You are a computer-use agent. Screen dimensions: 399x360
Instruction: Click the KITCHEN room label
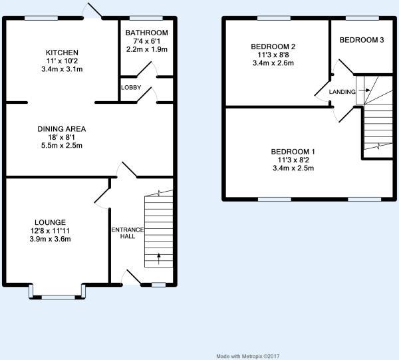[x=62, y=53]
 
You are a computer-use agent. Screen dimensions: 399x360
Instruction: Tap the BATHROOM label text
[x=146, y=33]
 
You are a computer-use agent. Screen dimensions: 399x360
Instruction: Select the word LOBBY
[x=131, y=88]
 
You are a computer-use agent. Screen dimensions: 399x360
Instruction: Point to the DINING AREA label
[x=62, y=129]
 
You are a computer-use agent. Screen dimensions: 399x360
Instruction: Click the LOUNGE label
[x=50, y=222]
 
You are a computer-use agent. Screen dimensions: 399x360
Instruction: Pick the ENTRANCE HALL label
[x=128, y=233]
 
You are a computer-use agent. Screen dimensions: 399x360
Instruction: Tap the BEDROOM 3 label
[x=362, y=40]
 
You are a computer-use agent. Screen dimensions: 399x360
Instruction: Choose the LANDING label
[x=342, y=92]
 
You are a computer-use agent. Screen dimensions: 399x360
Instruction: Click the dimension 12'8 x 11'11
[x=50, y=231]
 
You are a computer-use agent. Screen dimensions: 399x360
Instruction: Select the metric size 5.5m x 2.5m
[x=62, y=146]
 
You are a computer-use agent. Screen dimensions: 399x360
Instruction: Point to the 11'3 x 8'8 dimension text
[x=273, y=55]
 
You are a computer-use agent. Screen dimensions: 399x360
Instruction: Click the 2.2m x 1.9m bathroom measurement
[x=147, y=49]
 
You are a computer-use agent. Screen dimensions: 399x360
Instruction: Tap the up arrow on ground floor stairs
[x=159, y=259]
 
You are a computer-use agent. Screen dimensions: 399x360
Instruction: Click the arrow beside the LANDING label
[x=364, y=90]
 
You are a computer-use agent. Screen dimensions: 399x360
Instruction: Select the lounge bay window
[x=57, y=292]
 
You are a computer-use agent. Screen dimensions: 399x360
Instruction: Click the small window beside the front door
[x=158, y=285]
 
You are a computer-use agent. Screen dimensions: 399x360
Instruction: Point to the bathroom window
[x=146, y=18]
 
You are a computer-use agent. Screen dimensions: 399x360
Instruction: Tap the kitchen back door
[x=93, y=11]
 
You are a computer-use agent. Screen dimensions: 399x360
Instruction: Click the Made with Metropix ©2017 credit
[x=248, y=356]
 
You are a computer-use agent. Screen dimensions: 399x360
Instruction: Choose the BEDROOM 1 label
[x=293, y=152]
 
